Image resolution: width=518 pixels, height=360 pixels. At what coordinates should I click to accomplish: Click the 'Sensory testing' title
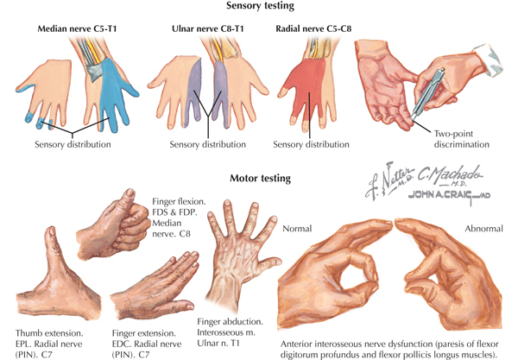(260, 6)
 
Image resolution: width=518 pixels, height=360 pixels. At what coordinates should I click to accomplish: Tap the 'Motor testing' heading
(261, 179)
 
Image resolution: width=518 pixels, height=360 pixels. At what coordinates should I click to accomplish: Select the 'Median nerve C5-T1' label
(77, 28)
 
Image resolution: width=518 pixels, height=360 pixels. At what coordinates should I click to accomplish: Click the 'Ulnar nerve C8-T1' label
(208, 28)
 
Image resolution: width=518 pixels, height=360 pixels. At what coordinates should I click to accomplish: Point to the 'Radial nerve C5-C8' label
(313, 28)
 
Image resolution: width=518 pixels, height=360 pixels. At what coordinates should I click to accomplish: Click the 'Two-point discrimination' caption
(462, 139)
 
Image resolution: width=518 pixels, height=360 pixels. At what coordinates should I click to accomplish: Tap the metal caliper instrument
(427, 92)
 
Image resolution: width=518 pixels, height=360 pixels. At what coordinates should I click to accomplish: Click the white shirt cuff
(489, 60)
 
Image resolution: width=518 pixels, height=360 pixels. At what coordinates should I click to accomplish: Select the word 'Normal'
(297, 229)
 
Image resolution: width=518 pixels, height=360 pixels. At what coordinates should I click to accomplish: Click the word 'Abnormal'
(484, 229)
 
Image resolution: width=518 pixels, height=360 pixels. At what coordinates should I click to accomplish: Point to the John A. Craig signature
(449, 195)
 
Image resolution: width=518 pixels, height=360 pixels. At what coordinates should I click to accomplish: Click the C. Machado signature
(450, 175)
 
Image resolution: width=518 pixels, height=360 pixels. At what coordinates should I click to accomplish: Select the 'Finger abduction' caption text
(230, 321)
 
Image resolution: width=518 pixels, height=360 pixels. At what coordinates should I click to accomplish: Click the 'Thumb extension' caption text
(49, 333)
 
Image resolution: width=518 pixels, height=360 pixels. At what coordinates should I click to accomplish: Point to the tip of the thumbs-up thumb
(130, 191)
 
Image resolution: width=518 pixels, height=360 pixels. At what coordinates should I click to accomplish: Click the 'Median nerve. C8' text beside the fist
(171, 228)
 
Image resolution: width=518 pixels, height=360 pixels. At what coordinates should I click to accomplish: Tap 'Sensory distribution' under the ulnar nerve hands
(208, 144)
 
